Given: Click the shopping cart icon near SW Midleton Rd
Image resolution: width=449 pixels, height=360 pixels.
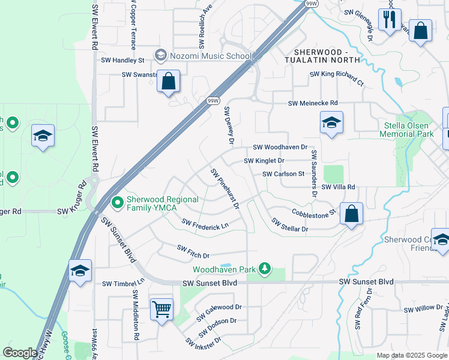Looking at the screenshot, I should click(x=161, y=310).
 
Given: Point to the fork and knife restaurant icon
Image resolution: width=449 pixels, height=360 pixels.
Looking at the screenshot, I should click(x=390, y=20).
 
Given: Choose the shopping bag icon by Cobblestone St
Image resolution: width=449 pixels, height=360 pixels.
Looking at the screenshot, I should click(x=351, y=214).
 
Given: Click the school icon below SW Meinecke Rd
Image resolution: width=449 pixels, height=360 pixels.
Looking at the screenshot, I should click(x=331, y=123).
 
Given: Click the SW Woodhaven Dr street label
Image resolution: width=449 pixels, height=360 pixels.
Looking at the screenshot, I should click(x=280, y=147).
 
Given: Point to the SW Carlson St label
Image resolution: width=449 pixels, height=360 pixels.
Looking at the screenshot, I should click(x=283, y=174).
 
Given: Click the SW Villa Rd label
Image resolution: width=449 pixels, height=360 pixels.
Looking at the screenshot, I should click(x=339, y=187).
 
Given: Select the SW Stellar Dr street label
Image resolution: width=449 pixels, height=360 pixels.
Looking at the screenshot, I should click(x=289, y=225).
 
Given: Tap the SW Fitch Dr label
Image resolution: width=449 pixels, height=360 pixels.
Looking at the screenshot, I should click(x=193, y=251).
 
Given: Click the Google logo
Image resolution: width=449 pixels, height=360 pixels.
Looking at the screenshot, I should click(x=20, y=353).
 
